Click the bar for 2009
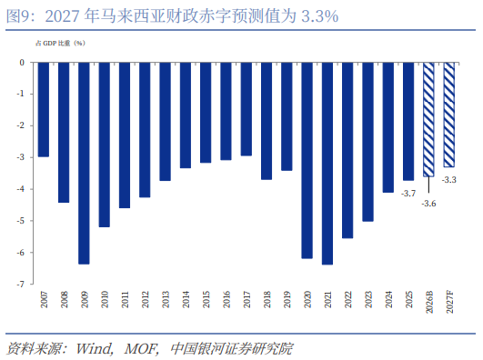(x=84, y=164)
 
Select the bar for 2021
(x=327, y=164)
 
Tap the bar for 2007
(x=44, y=110)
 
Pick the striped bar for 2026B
(x=428, y=119)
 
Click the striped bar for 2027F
(x=448, y=115)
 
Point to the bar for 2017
(x=247, y=109)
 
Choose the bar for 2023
(x=367, y=142)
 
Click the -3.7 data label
(x=408, y=194)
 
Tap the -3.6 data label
(x=428, y=204)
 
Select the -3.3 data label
(x=448, y=180)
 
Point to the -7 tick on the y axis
(x=20, y=284)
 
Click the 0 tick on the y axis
(x=22, y=63)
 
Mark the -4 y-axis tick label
(x=20, y=189)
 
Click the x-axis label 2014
(x=186, y=299)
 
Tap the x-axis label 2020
(x=307, y=299)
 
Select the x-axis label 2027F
(x=449, y=302)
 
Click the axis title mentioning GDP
(x=60, y=43)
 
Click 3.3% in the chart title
(x=320, y=16)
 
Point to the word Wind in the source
(x=94, y=348)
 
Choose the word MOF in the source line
(x=141, y=348)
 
